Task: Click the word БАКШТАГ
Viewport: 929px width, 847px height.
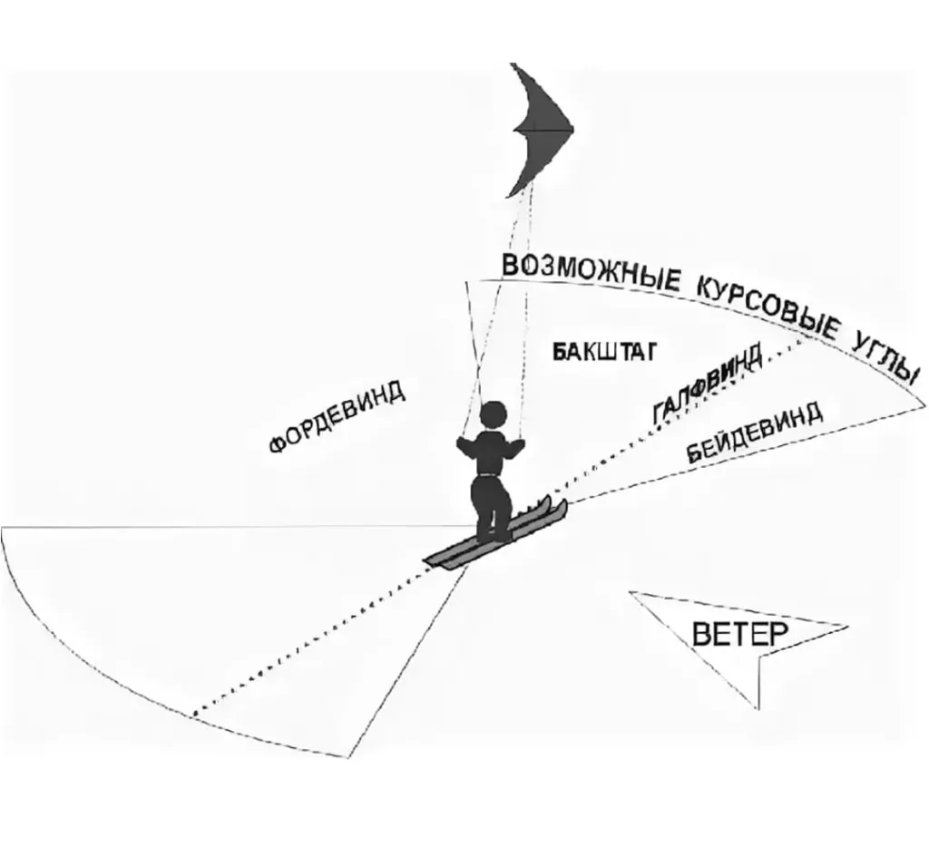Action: [604, 352]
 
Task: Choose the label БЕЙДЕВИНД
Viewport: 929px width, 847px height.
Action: [754, 433]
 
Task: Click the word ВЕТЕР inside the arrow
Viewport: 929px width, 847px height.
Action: [740, 635]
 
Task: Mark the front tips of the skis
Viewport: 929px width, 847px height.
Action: [557, 505]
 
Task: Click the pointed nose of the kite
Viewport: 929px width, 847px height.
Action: [573, 128]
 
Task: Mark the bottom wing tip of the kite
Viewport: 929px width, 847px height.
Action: [508, 196]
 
